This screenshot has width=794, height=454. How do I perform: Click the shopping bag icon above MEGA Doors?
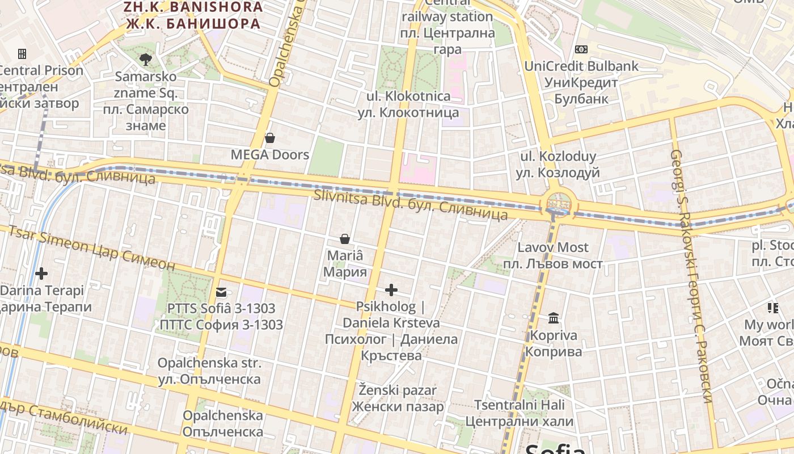[270, 138]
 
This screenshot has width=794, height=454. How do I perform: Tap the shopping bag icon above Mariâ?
[344, 239]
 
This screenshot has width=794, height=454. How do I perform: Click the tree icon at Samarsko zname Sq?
[146, 58]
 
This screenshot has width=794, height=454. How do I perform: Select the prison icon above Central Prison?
[22, 54]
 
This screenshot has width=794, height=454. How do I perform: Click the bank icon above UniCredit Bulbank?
[581, 49]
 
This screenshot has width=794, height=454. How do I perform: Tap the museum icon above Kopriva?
[554, 318]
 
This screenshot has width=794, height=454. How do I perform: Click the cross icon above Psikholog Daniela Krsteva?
[391, 291]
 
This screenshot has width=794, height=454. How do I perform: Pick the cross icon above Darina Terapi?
[41, 274]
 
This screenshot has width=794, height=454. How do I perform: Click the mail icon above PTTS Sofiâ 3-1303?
[221, 293]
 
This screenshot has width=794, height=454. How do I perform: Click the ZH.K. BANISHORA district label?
[193, 7]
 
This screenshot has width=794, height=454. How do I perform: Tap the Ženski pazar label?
[398, 390]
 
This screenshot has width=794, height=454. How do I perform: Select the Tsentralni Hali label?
[520, 405]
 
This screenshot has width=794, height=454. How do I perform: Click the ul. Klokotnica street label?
[408, 96]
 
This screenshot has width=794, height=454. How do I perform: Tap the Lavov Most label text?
[553, 247]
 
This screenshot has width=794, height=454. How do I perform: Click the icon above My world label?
[772, 308]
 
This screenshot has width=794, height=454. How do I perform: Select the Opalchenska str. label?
[209, 363]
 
